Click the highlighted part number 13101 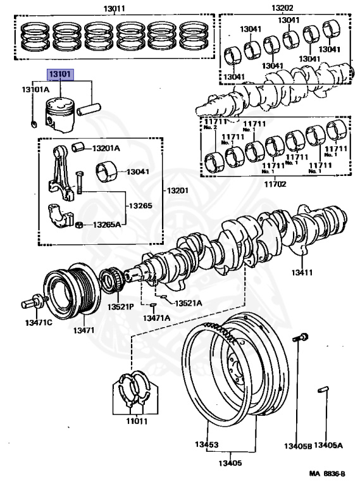[x=60, y=75]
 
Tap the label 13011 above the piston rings [x=114, y=8]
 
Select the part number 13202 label [x=282, y=8]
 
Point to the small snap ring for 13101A [x=34, y=124]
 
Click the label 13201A [x=106, y=148]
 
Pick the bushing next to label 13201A [x=78, y=147]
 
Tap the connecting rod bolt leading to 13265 [x=79, y=182]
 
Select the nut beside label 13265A [x=79, y=225]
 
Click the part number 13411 [x=302, y=273]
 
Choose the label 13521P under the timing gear [x=120, y=307]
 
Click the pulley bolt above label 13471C [x=34, y=302]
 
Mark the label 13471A [x=156, y=318]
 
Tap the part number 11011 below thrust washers [x=137, y=421]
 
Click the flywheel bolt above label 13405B [x=301, y=337]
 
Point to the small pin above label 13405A [x=323, y=390]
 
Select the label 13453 [x=206, y=444]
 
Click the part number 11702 [x=275, y=184]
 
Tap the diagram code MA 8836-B [x=327, y=473]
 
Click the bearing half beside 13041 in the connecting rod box [x=106, y=172]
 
